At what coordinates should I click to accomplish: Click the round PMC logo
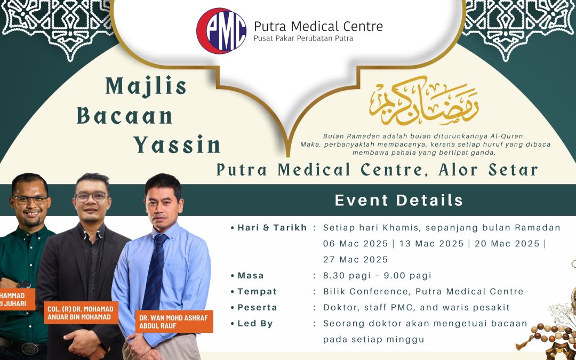[x=221, y=30]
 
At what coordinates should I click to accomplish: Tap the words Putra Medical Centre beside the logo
[x=318, y=26]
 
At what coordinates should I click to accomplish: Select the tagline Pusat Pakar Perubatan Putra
[x=303, y=38]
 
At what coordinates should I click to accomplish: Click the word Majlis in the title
[x=146, y=86]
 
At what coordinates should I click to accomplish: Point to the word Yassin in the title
[x=177, y=145]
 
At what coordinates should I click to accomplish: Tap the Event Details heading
[x=399, y=201]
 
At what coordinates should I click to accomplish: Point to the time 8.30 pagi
[x=346, y=276]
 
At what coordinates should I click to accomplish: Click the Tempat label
[x=257, y=292]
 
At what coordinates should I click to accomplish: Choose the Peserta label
[x=258, y=308]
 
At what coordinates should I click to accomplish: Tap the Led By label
[x=255, y=324]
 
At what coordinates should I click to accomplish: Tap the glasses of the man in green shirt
[x=29, y=200]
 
